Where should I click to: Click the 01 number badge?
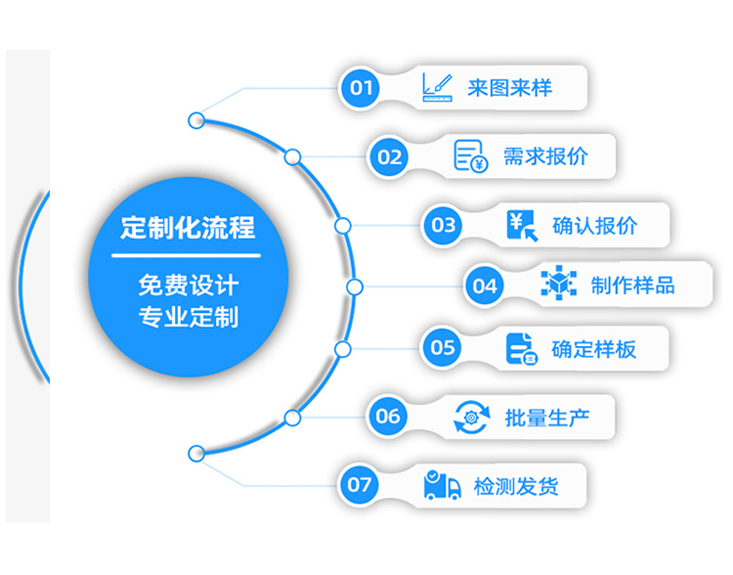[x=362, y=89]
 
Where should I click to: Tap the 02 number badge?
[x=389, y=156]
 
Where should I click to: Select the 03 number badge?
[x=444, y=226]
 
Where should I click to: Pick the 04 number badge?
[x=485, y=287]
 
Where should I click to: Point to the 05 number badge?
[x=443, y=347]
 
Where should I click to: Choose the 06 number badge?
[x=388, y=417]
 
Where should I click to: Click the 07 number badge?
[x=361, y=484]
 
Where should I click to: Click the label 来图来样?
[x=509, y=88]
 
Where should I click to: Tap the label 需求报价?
[x=545, y=156]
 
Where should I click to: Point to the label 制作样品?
[x=632, y=287]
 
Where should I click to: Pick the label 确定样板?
[x=593, y=348]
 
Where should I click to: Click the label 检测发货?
[x=515, y=485]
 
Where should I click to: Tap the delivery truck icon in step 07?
[x=443, y=484]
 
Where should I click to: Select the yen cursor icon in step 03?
[x=523, y=226]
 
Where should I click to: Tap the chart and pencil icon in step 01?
[x=436, y=87]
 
